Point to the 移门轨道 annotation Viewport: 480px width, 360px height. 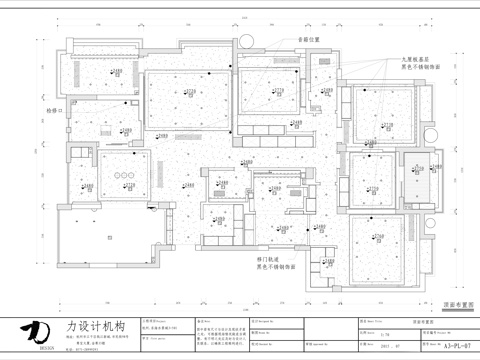click(267, 259)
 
